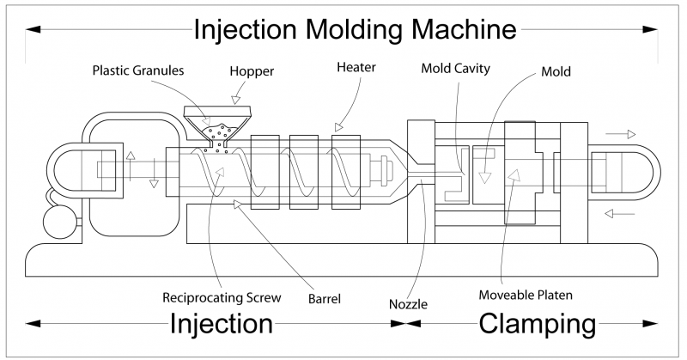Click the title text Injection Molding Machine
pos(355,29)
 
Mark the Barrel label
pos(325,300)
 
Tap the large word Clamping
pos(537,324)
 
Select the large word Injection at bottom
pos(222,324)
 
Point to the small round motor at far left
pos(58,218)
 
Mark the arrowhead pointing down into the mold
pos(485,178)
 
